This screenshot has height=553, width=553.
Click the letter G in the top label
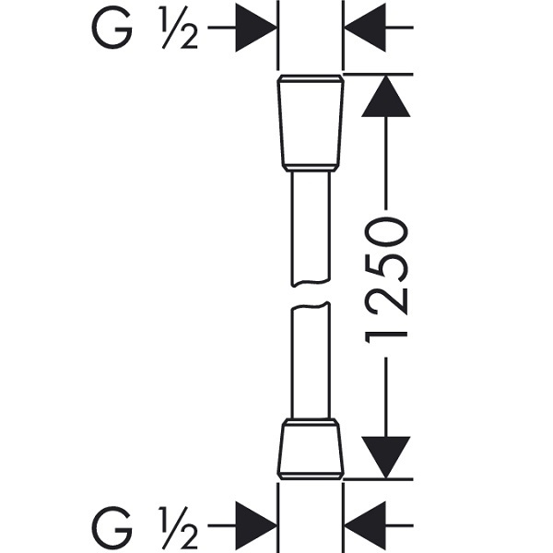coord(112,27)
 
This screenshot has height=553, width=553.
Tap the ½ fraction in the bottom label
coord(178,526)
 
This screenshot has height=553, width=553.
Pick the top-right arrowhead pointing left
coord(365,27)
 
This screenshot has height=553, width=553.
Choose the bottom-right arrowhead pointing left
coord(365,525)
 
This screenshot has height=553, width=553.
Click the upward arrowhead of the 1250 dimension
coord(386,96)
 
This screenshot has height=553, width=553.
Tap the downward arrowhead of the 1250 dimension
coord(386,457)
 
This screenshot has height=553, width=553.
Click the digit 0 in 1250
coord(387,231)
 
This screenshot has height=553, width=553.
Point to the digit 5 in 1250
coord(387,267)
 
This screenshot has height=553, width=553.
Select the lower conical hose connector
coord(311,449)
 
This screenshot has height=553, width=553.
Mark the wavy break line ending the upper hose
coord(311,282)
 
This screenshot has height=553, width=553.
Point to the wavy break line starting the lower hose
coord(311,305)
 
